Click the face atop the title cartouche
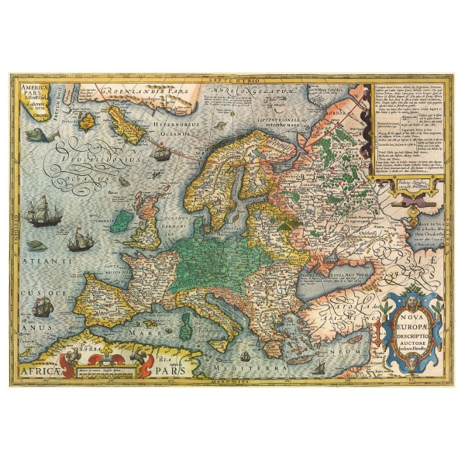coord(410,288)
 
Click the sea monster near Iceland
coord(37,137)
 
